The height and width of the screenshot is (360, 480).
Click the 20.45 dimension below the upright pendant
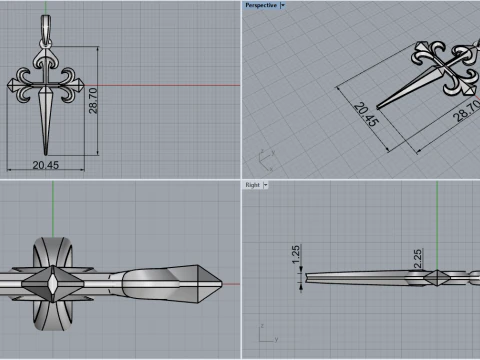click(45, 164)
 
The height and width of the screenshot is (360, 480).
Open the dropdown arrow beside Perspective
click(283, 5)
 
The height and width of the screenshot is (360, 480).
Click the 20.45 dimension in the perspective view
click(366, 116)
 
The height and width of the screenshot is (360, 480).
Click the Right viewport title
click(252, 185)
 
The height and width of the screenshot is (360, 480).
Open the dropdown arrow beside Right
click(267, 185)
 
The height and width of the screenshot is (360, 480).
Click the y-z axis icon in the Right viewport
click(263, 340)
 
